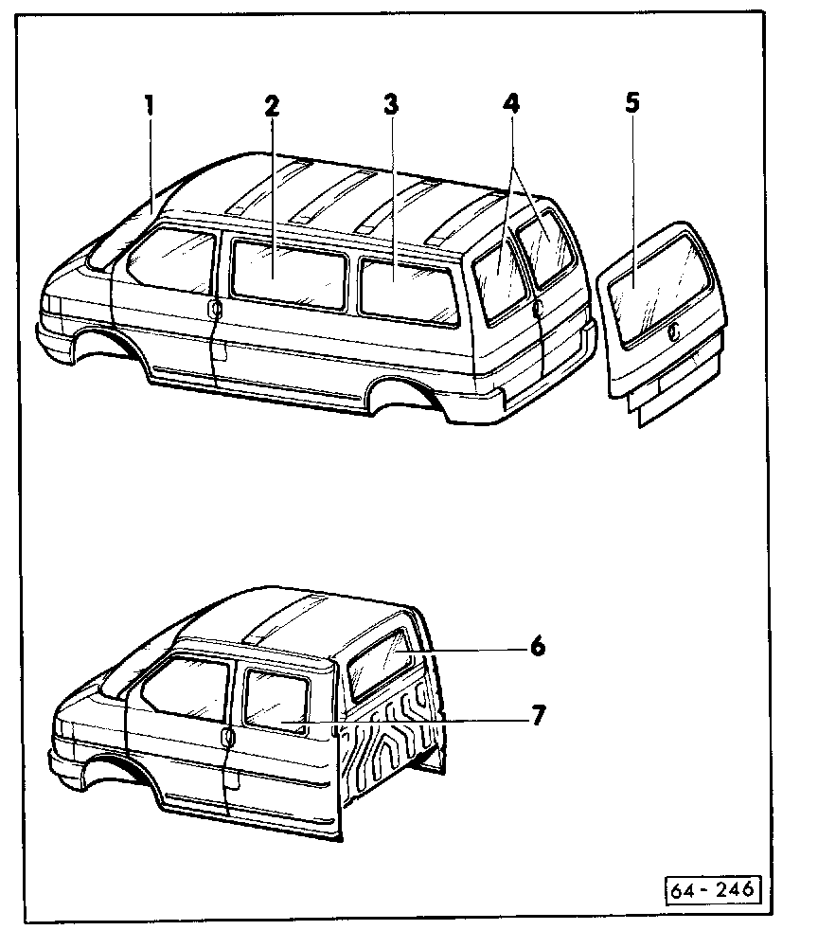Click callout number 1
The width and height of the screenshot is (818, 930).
[x=149, y=103]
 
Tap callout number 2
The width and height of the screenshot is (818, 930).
[x=272, y=104]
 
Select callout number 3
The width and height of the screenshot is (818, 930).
[x=389, y=104]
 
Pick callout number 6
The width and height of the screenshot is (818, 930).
[x=537, y=647]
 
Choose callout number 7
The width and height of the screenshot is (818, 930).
[x=537, y=716]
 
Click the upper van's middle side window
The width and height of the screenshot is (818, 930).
[x=288, y=272]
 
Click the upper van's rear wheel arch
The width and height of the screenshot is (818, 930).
[x=408, y=395]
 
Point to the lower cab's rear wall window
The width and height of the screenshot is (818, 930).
[x=381, y=666]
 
